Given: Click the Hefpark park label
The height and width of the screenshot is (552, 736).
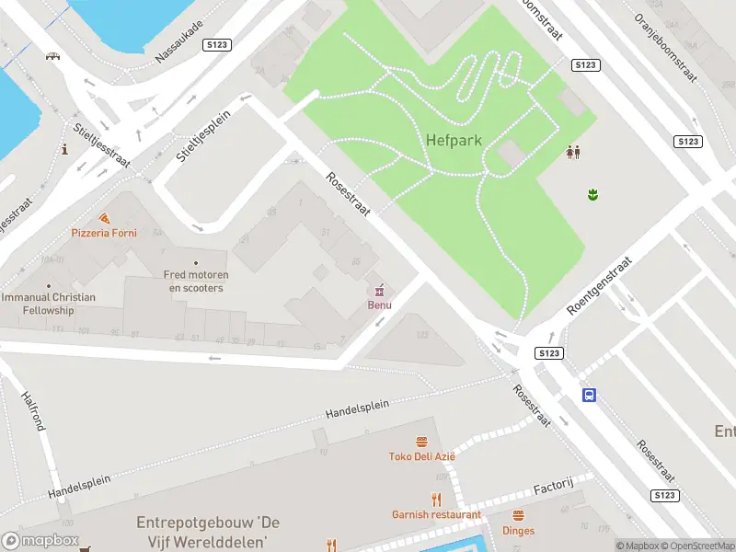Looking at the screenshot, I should (454, 140).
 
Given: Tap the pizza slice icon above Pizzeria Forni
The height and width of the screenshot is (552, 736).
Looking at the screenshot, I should (104, 218).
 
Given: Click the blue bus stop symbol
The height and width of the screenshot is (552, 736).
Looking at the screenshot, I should (588, 395).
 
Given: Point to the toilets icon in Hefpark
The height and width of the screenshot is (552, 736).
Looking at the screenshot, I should (573, 152).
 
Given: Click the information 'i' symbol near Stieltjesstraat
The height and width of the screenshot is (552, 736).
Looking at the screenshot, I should (64, 149).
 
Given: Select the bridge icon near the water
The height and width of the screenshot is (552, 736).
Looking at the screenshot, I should (53, 56).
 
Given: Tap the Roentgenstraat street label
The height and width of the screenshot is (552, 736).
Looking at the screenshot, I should (601, 285).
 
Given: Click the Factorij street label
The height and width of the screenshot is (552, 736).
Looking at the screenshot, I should (554, 486).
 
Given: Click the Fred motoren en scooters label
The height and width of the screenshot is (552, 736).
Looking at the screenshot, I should (195, 281).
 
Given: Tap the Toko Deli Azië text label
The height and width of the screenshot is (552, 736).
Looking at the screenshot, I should (421, 456).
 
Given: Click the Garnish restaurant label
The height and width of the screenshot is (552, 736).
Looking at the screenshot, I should (436, 514).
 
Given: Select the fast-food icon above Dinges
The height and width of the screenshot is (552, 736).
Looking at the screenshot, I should (518, 515).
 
